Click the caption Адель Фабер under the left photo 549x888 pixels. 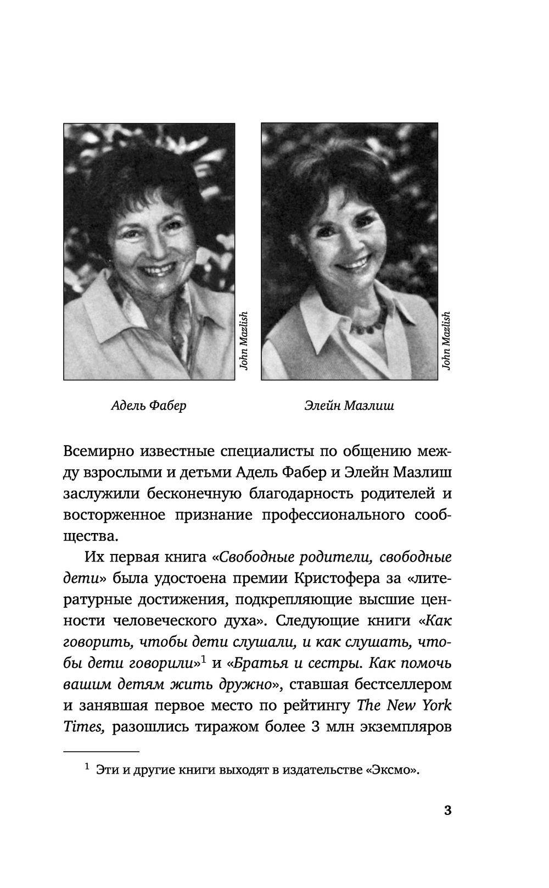tap(148, 406)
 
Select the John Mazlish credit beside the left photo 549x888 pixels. tap(244, 341)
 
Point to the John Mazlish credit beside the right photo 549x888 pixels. tap(446, 341)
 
